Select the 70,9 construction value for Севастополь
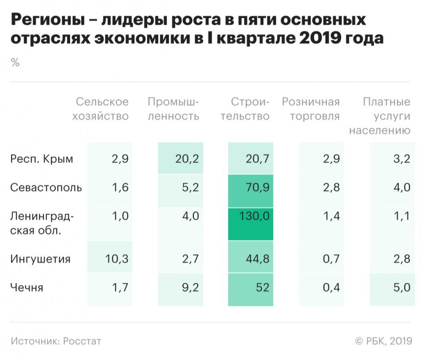(258, 188)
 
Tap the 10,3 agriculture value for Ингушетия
(117, 259)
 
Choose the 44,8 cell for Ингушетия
(258, 259)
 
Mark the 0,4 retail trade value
(331, 288)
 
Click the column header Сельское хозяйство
(102, 109)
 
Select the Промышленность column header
(173, 109)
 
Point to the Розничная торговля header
(311, 109)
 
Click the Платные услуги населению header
(380, 117)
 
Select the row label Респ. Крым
(42, 159)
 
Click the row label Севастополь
(46, 188)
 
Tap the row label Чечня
(27, 288)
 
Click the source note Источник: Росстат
(56, 341)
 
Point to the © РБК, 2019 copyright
(383, 341)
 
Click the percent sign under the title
(15, 63)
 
